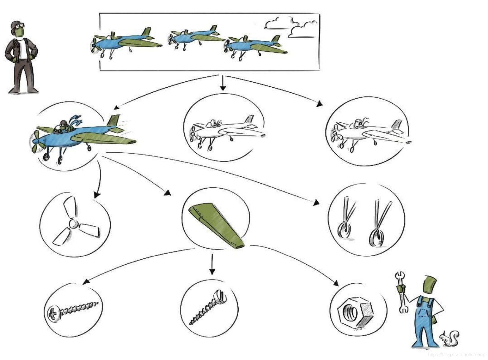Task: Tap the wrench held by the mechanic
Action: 401,293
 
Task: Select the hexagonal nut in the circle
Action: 355,312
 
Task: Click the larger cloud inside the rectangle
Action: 279,23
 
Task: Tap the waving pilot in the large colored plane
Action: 64,126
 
